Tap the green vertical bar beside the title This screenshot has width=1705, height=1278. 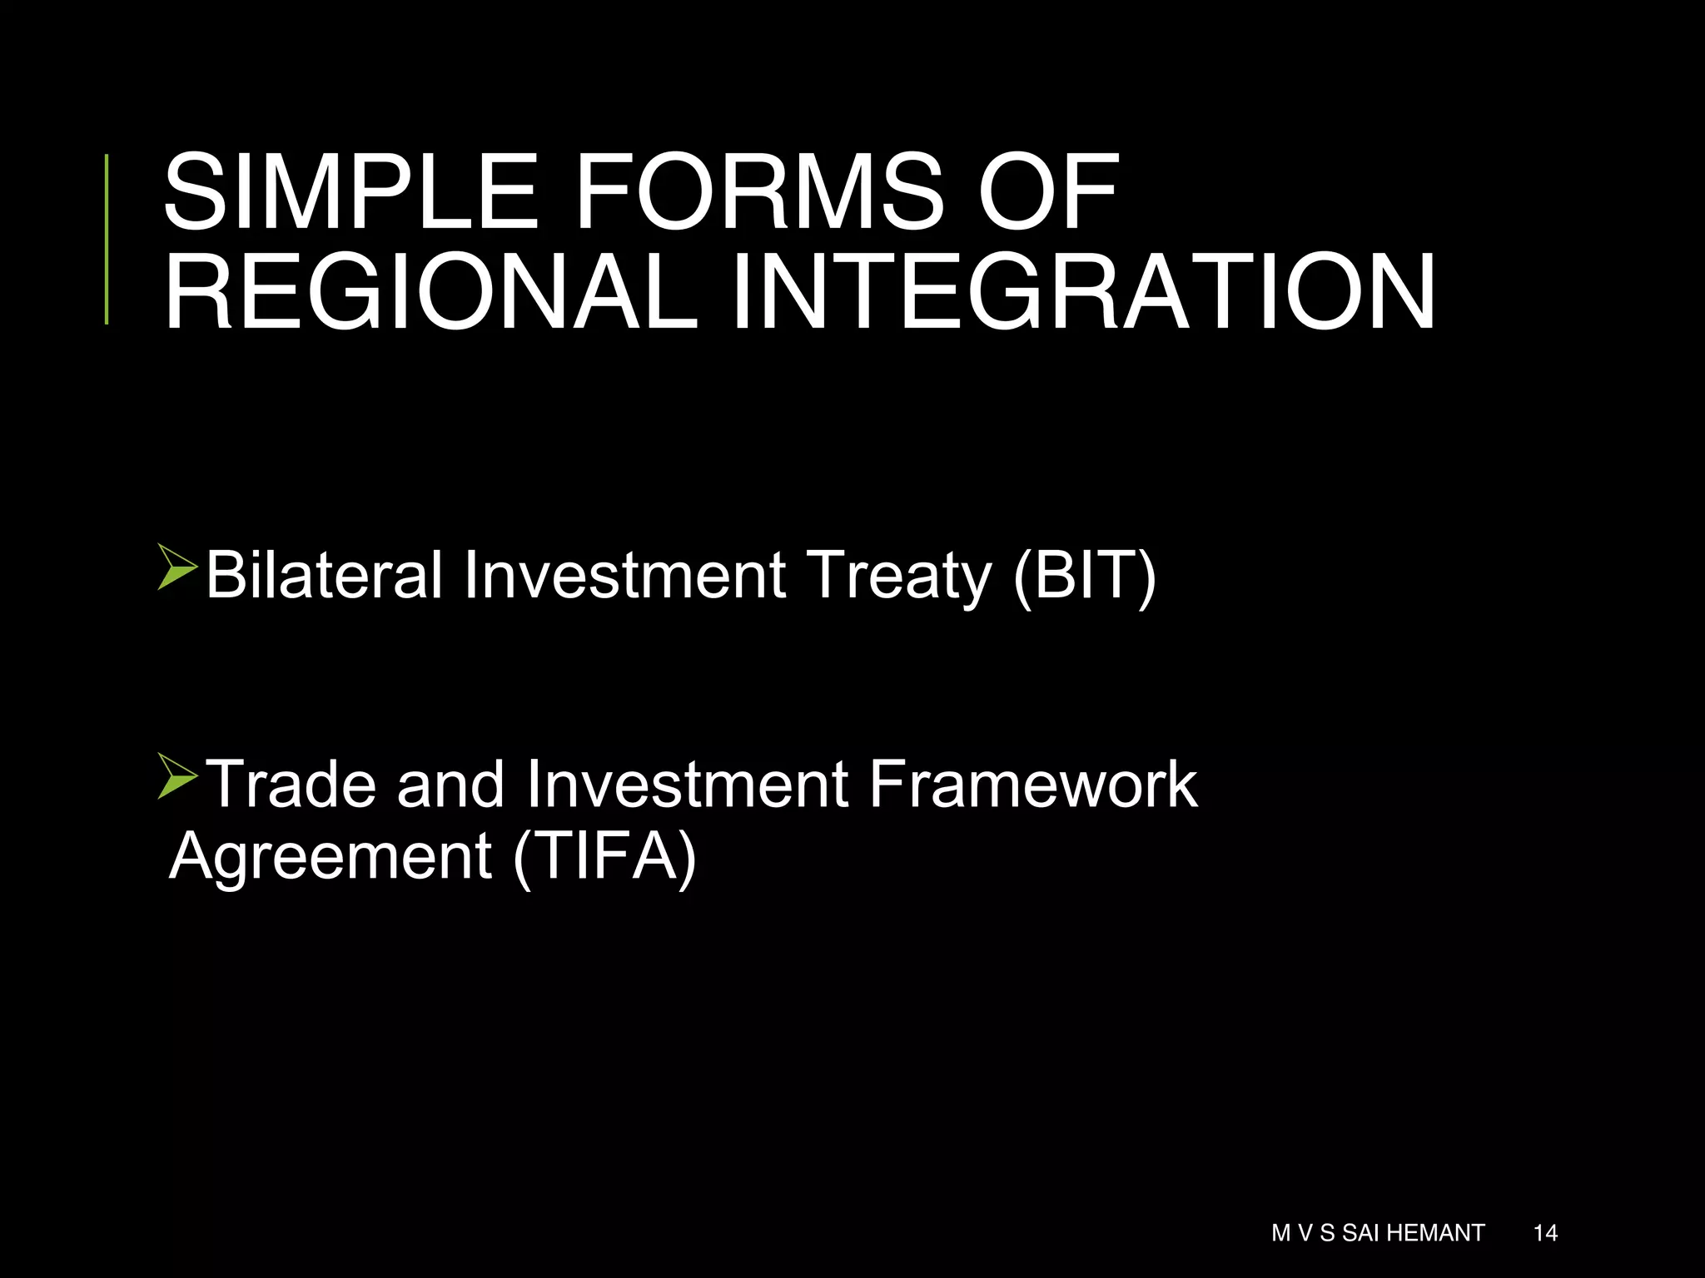(107, 240)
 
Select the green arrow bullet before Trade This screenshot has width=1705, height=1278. (176, 777)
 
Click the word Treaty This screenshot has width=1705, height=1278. (901, 576)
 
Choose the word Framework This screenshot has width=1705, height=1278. (1033, 784)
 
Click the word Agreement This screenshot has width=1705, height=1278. (331, 857)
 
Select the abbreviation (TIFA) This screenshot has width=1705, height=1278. (604, 857)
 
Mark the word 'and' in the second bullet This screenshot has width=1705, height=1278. (450, 784)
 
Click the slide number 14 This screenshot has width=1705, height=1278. (1545, 1232)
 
